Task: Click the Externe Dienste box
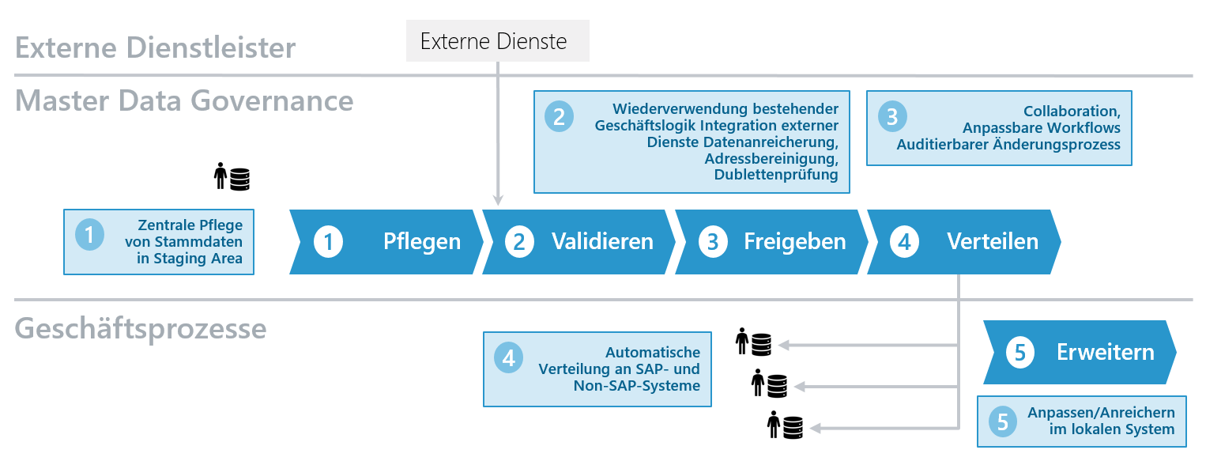[497, 42]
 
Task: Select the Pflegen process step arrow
[387, 242]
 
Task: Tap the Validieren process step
[579, 242]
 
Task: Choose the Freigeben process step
[772, 242]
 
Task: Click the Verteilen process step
[964, 242]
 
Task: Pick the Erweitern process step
[1080, 353]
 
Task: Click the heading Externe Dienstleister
[155, 48]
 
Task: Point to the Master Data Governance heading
[184, 101]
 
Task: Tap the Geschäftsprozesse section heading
[141, 328]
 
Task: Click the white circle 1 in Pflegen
[329, 242]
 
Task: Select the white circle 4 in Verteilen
[905, 242]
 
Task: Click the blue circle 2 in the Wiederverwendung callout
[560, 117]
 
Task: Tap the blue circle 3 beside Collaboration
[892, 117]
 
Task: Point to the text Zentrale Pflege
[190, 225]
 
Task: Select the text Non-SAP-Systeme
[636, 386]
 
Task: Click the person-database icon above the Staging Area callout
[232, 176]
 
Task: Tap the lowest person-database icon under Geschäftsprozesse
[785, 425]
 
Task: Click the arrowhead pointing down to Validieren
[498, 201]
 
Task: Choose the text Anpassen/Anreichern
[1100, 413]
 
